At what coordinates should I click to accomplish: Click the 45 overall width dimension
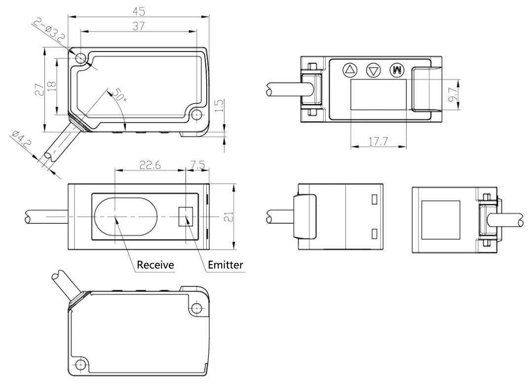pos(139,11)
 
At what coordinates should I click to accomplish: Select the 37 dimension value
pos(138,26)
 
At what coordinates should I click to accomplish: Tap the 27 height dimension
pos(40,90)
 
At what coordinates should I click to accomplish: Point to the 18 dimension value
pos(51,85)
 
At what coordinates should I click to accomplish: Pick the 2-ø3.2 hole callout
pos(49,30)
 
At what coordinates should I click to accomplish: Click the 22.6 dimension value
pos(150,165)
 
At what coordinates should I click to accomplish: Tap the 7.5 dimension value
pos(198,165)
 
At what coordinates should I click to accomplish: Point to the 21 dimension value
pos(228,217)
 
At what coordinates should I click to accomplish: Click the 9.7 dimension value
pos(453,95)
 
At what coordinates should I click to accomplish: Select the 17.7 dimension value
pos(378,142)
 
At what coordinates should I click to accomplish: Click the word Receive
pos(155,265)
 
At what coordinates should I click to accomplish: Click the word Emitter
pos(226,265)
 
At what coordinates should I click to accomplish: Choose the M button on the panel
pos(397,70)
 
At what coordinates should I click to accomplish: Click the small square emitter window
pos(185,216)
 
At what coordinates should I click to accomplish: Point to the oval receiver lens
pos(126,216)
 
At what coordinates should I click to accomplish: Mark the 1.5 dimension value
pos(219,106)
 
